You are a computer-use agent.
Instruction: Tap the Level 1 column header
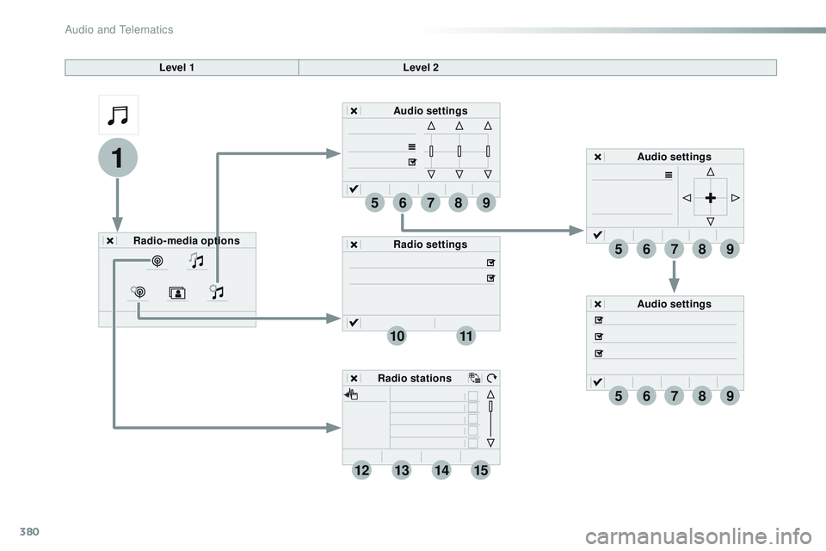[x=182, y=67]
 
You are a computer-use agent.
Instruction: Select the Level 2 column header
[x=421, y=67]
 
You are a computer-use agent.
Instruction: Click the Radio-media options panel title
[x=187, y=240]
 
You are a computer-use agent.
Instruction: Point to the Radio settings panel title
[x=430, y=245]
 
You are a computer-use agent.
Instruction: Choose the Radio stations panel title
[x=414, y=378]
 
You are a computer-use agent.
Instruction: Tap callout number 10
[x=397, y=337]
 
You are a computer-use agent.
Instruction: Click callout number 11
[x=465, y=337]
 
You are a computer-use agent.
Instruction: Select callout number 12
[x=361, y=470]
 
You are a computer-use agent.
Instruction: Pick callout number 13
[x=401, y=470]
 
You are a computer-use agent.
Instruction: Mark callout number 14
[x=441, y=470]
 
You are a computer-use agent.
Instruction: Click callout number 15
[x=481, y=470]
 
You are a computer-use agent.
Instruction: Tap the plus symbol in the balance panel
[x=710, y=198]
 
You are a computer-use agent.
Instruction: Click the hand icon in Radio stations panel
[x=352, y=394]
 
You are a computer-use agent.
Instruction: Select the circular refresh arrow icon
[x=491, y=377]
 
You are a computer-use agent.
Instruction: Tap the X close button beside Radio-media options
[x=110, y=241]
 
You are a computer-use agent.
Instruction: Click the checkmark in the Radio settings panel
[x=354, y=323]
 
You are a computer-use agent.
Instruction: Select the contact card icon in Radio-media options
[x=176, y=293]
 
